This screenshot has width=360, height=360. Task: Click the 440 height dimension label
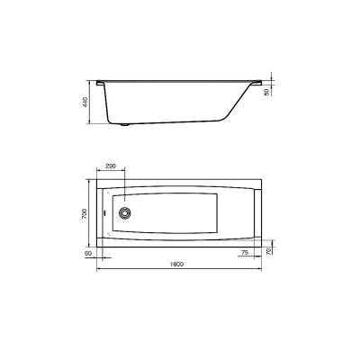click(85, 103)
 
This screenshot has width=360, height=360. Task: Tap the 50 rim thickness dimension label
click(266, 92)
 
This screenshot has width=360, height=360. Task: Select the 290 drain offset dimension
click(110, 166)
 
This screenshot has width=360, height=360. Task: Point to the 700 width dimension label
click(85, 213)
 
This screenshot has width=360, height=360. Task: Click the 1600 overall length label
click(176, 265)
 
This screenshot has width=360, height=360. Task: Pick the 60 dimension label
click(88, 253)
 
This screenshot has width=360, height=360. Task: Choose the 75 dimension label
click(245, 253)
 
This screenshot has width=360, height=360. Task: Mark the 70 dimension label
click(268, 251)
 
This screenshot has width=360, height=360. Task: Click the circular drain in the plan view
click(124, 212)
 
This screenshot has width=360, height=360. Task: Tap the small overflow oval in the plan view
click(103, 213)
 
